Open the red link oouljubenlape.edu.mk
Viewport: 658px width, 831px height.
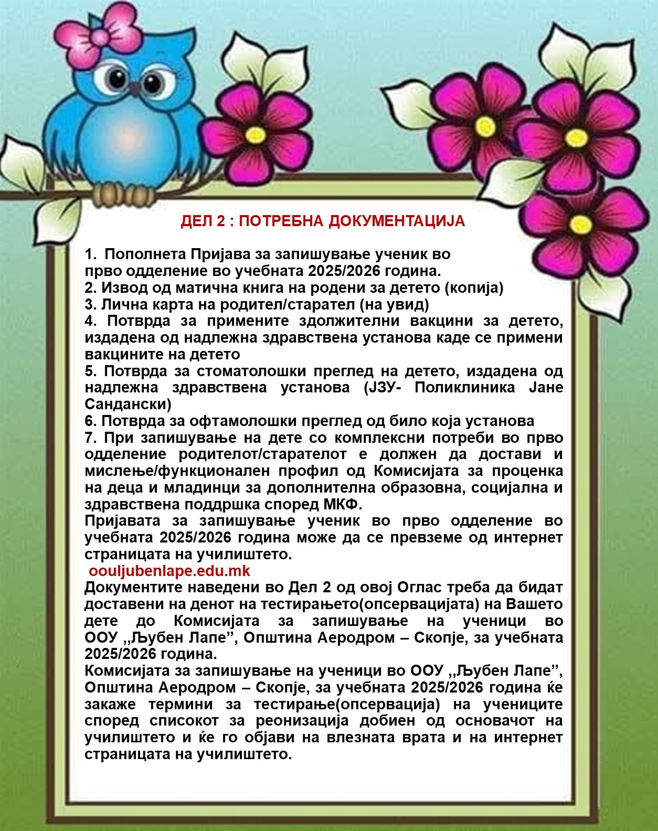click(169, 571)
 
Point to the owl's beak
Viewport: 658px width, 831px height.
click(135, 87)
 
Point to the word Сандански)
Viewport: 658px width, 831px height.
click(128, 404)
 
